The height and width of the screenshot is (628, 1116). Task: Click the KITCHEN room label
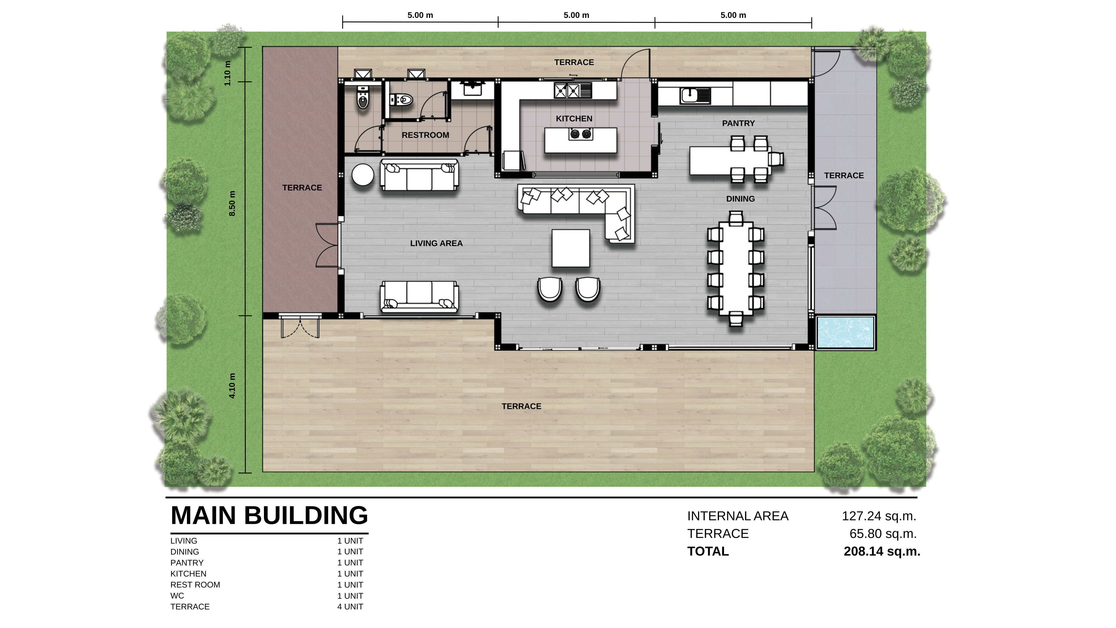pos(574,119)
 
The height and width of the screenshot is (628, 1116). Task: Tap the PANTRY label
pos(738,124)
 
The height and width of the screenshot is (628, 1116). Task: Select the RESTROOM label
pos(425,135)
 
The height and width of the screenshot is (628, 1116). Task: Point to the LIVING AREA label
pos(436,244)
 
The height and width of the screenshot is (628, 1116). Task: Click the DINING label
pos(740,199)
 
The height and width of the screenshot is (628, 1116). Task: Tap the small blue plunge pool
pos(845,332)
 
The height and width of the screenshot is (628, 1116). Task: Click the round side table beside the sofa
pos(363,175)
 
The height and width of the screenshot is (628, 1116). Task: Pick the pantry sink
pos(695,96)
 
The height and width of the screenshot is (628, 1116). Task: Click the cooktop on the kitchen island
pos(581,134)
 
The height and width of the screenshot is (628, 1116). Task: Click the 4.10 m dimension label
pos(232,386)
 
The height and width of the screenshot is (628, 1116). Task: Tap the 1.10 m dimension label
pos(227,73)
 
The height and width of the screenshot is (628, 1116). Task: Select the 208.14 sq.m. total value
pos(882,551)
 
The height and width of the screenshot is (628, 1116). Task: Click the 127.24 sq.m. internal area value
pos(879,516)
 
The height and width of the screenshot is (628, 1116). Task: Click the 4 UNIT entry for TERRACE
pos(350,607)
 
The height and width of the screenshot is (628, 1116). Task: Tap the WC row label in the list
pos(177,596)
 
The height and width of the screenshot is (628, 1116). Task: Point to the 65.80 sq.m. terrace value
pos(883,534)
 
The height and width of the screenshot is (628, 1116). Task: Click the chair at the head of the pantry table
pos(776,159)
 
